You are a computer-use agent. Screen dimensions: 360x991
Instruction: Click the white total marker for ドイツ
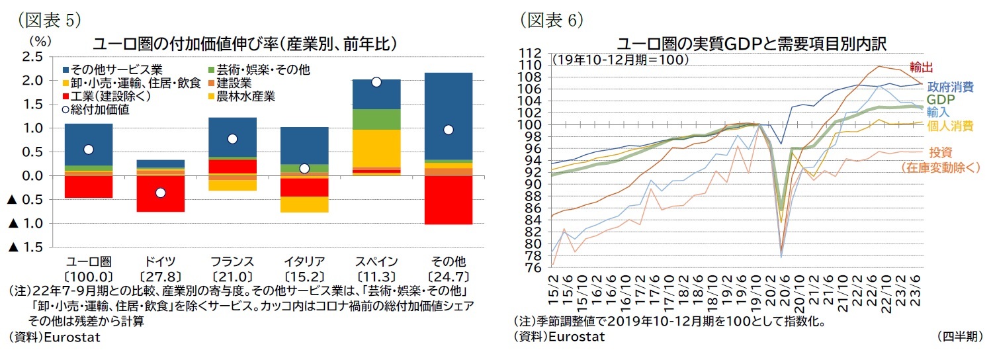(160, 193)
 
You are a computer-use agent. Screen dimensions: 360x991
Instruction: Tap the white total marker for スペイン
(376, 82)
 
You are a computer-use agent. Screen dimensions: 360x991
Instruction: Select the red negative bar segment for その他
(449, 200)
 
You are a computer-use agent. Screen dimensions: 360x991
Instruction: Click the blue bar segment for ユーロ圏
(88, 144)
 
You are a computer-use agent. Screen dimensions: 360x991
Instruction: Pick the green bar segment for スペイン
(376, 119)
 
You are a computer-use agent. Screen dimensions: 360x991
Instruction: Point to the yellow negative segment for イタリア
(304, 204)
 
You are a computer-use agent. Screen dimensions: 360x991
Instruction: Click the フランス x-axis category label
(232, 261)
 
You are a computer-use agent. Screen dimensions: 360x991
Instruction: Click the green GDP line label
(939, 99)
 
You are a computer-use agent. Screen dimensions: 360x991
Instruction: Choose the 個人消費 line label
(949, 126)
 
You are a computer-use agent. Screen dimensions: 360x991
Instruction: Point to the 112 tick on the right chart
(531, 54)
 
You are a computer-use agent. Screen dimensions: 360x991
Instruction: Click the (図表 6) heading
(550, 20)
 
